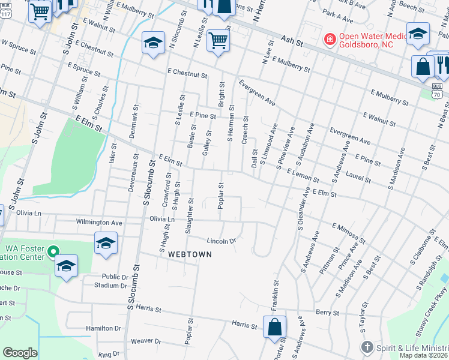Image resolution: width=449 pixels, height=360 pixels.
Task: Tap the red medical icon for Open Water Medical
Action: (330, 40)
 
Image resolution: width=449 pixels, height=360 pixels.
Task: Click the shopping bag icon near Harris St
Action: (274, 328)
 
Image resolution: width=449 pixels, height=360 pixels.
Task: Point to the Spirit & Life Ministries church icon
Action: (367, 347)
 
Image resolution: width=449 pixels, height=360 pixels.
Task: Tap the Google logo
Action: (20, 353)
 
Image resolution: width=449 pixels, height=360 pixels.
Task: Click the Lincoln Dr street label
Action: (220, 241)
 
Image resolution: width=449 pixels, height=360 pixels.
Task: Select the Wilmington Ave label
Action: (98, 222)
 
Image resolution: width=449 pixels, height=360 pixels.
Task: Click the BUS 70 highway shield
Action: (437, 91)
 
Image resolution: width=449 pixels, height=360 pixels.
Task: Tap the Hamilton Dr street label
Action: (103, 328)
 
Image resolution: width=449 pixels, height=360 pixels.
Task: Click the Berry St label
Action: (328, 313)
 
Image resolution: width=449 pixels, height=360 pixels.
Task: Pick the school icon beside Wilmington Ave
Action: (106, 244)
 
